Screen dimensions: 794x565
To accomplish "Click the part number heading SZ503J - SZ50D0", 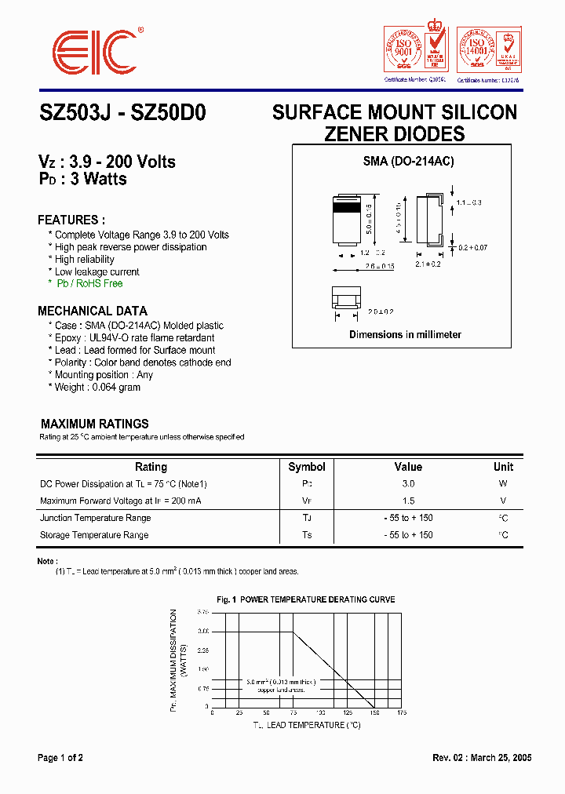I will pos(122,113).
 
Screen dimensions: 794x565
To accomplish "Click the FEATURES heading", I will pos(71,220).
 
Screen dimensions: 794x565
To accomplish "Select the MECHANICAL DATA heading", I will pos(93,311).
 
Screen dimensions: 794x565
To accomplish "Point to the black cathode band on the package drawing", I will pos(348,209).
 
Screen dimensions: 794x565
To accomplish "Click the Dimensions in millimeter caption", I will pos(405,335).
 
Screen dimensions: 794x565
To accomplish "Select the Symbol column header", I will pos(306,467).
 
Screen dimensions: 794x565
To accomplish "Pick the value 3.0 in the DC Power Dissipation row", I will pos(408,485).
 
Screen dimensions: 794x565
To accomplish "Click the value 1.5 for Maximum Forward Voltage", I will pos(408,501).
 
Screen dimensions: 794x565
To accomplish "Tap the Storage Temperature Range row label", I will pos(94,535).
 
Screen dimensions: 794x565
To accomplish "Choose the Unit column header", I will pos(503,467).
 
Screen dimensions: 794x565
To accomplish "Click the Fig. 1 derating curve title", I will pos(306,599).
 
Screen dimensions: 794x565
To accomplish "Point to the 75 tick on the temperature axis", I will pos(293,713).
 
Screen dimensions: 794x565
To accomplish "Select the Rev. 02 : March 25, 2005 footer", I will pos(482,758).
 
